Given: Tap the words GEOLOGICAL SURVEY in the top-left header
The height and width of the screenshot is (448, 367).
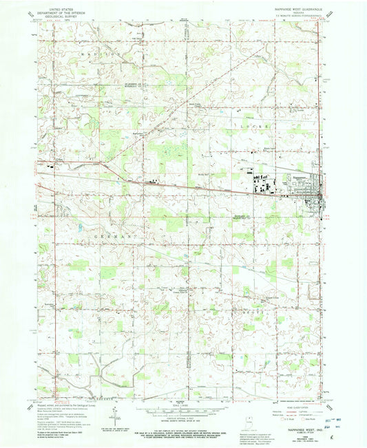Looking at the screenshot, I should pyautogui.click(x=59, y=15).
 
